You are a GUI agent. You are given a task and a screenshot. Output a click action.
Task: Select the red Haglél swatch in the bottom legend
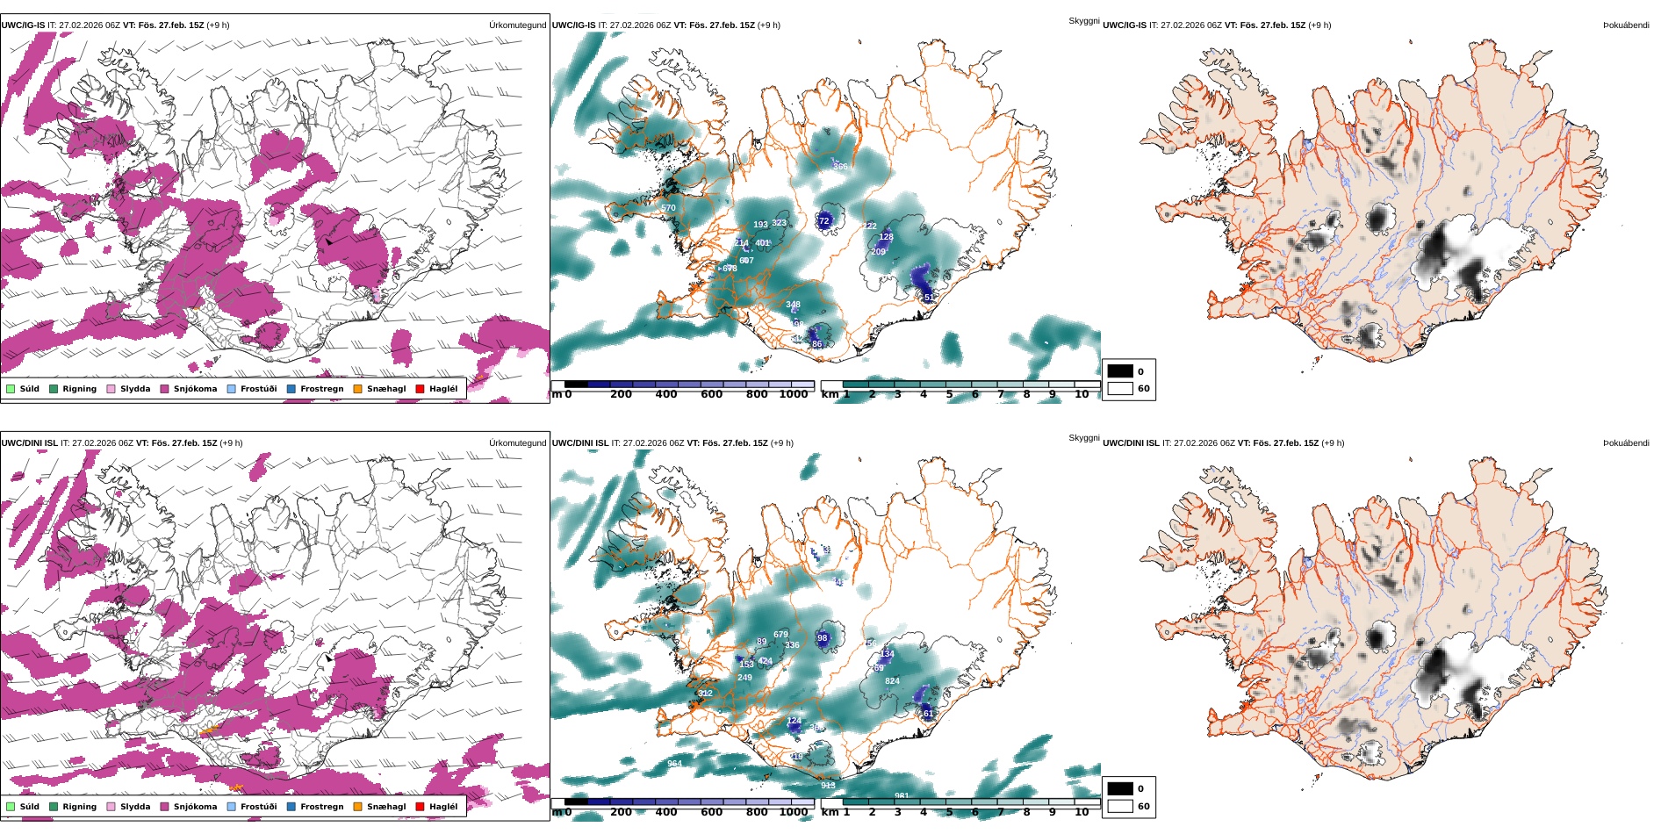click(420, 807)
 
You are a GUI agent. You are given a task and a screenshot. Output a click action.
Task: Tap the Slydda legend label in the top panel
click(135, 389)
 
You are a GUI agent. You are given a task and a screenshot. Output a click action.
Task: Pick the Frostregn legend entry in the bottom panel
click(321, 807)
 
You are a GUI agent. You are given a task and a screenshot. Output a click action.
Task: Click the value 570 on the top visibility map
click(668, 208)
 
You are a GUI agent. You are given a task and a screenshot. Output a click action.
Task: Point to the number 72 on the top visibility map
click(823, 221)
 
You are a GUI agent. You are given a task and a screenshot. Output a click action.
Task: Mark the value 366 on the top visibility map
click(840, 166)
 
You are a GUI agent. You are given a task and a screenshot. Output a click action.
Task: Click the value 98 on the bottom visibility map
click(822, 638)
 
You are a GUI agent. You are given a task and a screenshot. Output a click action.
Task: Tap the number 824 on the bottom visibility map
click(892, 681)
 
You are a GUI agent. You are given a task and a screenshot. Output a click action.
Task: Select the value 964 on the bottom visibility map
click(674, 764)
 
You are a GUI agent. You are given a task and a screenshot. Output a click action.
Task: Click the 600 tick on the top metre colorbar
click(711, 394)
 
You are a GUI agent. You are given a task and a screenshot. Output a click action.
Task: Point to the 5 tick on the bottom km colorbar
click(949, 812)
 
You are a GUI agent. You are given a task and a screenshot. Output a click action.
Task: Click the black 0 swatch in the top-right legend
click(1120, 371)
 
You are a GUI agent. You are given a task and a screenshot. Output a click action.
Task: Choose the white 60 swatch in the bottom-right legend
click(1120, 806)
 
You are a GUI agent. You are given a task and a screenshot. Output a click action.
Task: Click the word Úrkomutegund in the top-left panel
click(517, 25)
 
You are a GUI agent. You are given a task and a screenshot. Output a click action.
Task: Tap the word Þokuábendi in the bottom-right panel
click(1626, 443)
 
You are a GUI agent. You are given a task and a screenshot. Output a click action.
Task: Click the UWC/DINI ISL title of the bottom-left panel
click(29, 443)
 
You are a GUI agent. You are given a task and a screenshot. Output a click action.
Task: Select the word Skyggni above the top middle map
click(1083, 20)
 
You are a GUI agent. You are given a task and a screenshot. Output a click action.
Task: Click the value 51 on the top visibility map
click(929, 298)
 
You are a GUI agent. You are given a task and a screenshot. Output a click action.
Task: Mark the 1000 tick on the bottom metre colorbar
click(793, 812)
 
